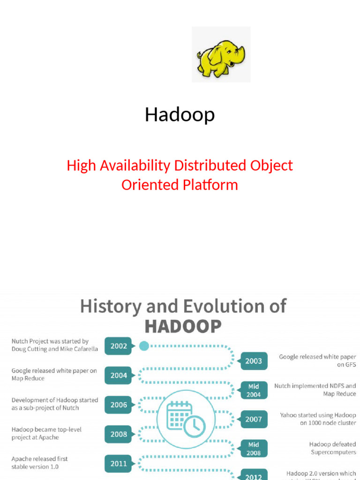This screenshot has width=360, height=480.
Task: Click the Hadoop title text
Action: click(x=180, y=114)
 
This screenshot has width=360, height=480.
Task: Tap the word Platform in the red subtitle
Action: click(x=210, y=185)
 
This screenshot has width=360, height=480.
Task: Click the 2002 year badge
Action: click(x=118, y=346)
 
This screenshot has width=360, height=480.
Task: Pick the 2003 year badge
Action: click(x=254, y=361)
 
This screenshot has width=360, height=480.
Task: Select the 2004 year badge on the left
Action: click(x=118, y=375)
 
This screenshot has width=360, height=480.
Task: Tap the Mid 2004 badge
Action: click(x=254, y=390)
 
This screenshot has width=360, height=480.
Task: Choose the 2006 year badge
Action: click(x=118, y=405)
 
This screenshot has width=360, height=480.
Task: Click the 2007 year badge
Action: click(x=254, y=420)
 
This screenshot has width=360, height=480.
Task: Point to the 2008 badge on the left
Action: click(x=118, y=434)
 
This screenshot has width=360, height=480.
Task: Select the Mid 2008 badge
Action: click(x=254, y=449)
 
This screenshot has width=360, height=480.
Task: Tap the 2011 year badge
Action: click(x=118, y=464)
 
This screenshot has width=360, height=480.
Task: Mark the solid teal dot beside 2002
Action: click(x=144, y=346)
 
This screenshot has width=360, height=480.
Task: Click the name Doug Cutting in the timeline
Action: click(x=28, y=349)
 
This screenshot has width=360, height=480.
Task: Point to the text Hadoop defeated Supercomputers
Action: click(x=332, y=448)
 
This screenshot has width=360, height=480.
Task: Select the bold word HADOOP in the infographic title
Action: click(x=183, y=326)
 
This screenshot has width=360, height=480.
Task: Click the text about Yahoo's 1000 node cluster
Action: click(x=318, y=419)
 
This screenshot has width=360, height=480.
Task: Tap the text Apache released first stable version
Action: click(x=40, y=463)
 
